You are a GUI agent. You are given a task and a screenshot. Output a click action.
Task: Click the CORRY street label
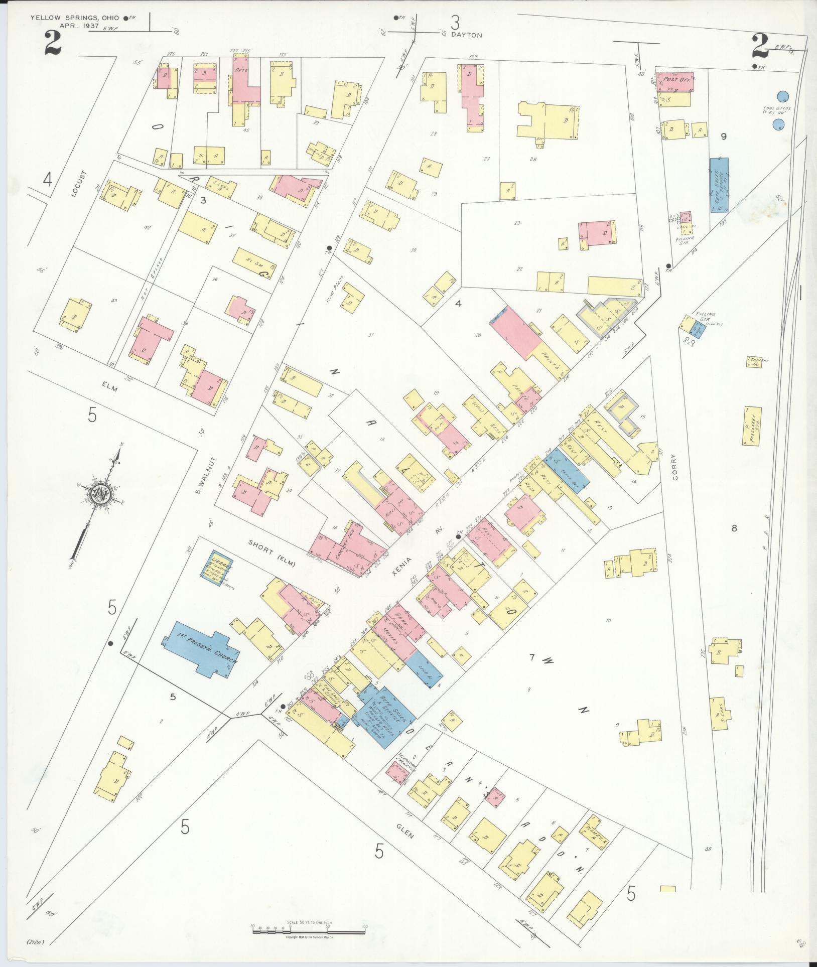point(674,467)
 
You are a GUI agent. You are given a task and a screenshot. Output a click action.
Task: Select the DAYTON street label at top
point(466,35)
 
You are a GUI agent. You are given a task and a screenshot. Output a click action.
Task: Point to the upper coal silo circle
point(782,96)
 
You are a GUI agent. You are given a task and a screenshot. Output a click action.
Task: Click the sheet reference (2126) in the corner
point(37,942)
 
